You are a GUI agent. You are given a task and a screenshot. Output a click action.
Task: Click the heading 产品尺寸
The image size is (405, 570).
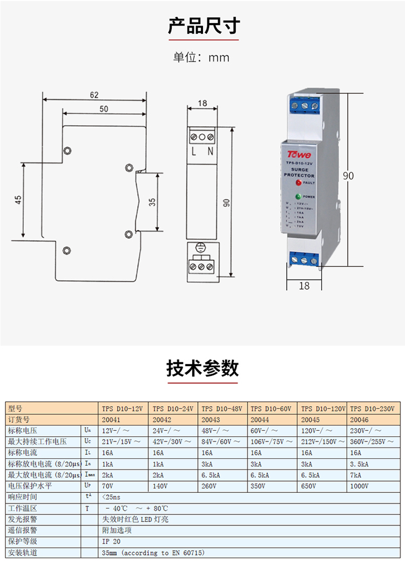click(x=202, y=26)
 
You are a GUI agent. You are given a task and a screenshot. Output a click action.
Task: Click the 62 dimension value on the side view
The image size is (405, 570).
click(x=94, y=95)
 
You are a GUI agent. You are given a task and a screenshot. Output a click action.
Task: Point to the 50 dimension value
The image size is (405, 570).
click(x=104, y=109)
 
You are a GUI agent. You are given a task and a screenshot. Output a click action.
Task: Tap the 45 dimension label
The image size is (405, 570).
click(x=18, y=200)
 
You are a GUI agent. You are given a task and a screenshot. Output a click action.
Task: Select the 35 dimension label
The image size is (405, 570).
click(x=152, y=202)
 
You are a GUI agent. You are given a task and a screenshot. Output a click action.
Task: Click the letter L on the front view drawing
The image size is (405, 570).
click(x=194, y=152)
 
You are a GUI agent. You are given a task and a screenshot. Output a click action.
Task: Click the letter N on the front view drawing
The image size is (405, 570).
click(x=210, y=152)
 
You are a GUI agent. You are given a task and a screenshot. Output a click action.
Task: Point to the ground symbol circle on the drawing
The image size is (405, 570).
click(x=201, y=249)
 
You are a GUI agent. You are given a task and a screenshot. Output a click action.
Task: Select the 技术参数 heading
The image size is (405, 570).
click(x=202, y=369)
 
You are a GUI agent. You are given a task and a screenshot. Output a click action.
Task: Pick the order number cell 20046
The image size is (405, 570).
click(x=360, y=419)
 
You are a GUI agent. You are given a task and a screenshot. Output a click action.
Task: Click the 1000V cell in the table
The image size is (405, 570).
click(x=360, y=486)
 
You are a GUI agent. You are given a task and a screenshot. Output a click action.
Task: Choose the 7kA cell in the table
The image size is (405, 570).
click(x=356, y=475)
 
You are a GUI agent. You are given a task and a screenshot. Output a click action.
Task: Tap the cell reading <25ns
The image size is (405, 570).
click(x=112, y=497)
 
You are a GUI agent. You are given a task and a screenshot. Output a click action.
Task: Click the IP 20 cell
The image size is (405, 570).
click(x=111, y=541)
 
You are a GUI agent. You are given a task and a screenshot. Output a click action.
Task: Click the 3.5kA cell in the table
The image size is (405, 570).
click(x=360, y=464)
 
